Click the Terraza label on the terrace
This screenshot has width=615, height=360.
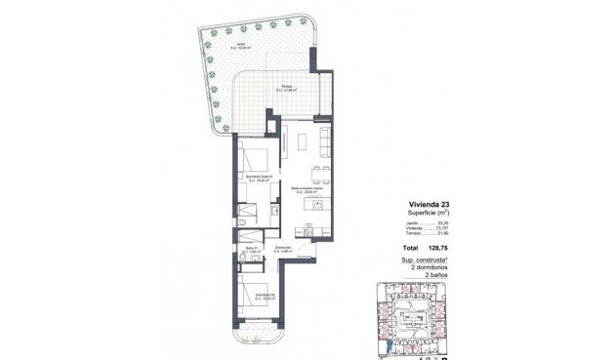point(285,89)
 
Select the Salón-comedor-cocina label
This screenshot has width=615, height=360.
point(307,190)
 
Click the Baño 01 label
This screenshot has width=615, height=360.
point(251,251)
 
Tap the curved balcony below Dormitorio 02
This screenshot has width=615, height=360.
point(259,338)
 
